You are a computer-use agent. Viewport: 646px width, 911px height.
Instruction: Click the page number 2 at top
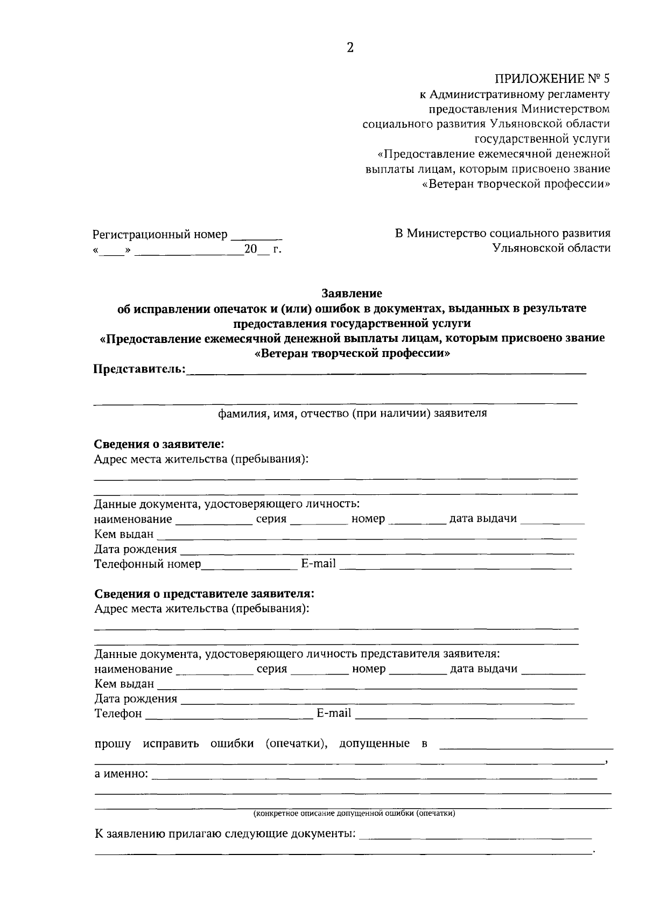(350, 48)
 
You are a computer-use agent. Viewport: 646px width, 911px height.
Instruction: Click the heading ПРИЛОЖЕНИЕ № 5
(552, 79)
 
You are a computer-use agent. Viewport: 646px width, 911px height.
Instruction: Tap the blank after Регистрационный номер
(256, 235)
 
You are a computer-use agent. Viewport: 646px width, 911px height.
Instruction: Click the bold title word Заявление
(352, 293)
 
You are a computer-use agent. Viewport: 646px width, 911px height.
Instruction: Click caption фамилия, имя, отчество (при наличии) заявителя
(352, 414)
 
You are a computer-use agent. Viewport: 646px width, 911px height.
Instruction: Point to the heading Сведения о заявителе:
(159, 444)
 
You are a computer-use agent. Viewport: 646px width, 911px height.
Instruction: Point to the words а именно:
(122, 774)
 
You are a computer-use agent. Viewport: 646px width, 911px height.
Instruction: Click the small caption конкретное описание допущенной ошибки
(354, 813)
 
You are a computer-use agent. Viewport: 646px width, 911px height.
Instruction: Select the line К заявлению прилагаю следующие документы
(225, 834)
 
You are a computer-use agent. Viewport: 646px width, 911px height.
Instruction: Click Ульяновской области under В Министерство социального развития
(551, 248)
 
